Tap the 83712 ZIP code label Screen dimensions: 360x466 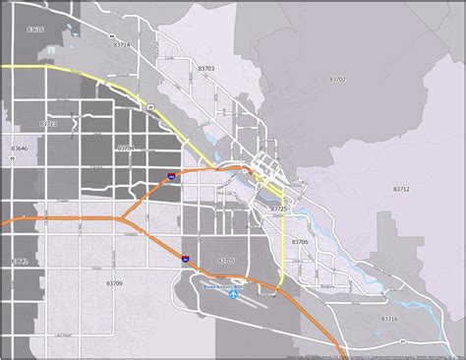(401, 189)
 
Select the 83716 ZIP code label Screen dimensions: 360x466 (389, 319)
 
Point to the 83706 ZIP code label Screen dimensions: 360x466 (300, 241)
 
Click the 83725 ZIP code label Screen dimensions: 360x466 (278, 210)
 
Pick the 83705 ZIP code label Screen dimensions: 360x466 (226, 261)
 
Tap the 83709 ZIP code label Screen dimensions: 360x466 (115, 283)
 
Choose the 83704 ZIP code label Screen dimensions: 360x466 (126, 148)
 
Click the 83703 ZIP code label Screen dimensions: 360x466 (206, 68)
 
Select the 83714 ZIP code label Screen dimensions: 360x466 (122, 44)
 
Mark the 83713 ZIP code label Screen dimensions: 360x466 (48, 124)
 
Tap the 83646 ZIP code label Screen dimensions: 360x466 (19, 147)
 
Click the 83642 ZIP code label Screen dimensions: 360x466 (19, 261)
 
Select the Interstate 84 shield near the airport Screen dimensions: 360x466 (185, 258)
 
